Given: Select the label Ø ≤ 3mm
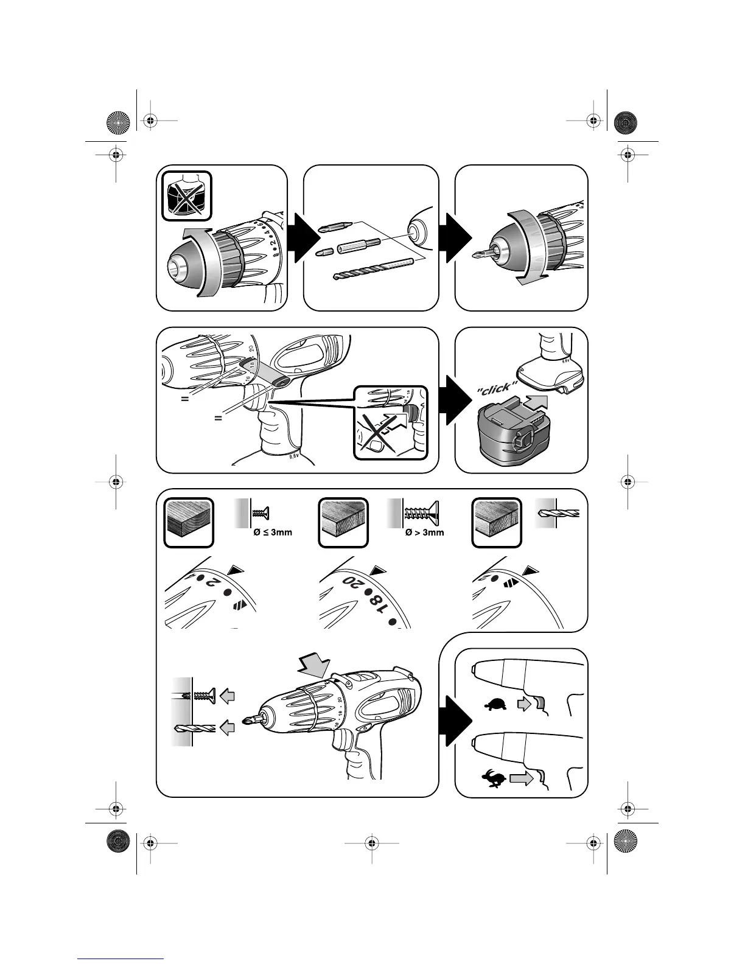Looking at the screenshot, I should click(x=272, y=532).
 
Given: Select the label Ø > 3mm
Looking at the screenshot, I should click(x=424, y=532).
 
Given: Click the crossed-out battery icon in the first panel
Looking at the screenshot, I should click(x=187, y=196).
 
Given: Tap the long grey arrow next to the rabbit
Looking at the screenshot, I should click(x=521, y=778).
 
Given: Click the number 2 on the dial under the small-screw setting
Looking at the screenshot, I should click(x=211, y=583).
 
